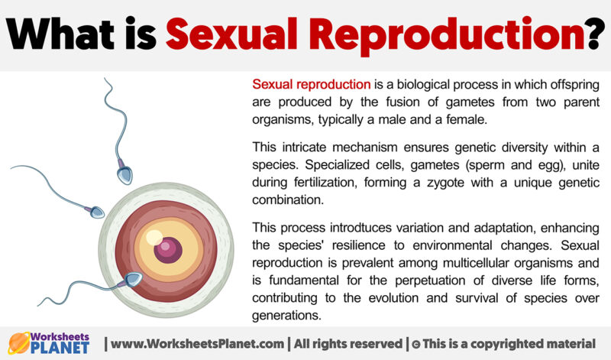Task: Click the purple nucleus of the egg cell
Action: point(167,248)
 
